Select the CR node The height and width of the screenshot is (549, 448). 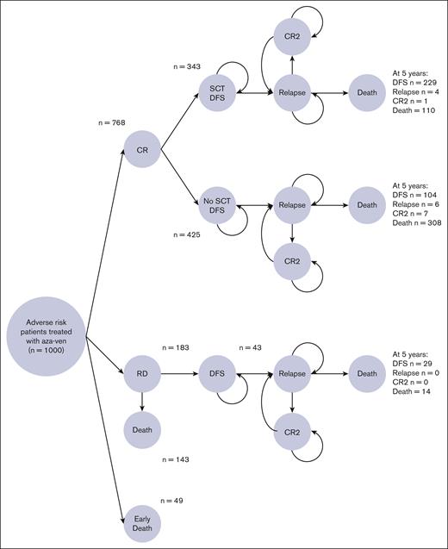(x=142, y=151)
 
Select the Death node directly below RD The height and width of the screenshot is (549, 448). (x=142, y=427)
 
